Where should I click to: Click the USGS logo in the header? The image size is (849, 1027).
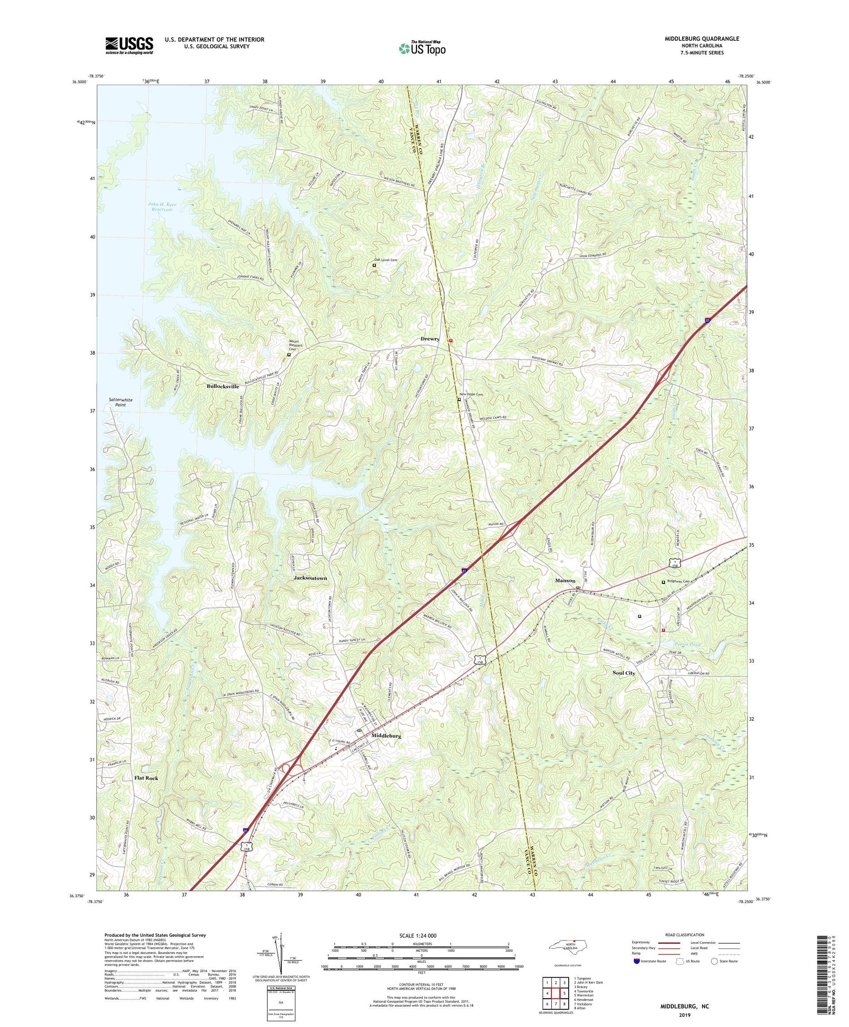pos(129,45)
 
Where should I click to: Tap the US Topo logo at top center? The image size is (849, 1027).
pos(422,49)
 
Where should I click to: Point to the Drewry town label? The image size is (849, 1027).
pos(430,339)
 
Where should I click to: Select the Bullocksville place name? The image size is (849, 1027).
pos(222,386)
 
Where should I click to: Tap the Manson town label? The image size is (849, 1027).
pos(565,581)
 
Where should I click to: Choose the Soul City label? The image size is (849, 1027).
pos(624,673)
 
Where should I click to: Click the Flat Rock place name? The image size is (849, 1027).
pos(146,778)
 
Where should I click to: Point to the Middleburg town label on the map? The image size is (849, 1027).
pos(386,736)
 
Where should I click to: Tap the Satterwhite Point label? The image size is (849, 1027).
pos(121,402)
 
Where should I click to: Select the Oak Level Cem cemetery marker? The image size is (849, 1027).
pos(374,265)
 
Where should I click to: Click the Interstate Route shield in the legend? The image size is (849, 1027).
pos(636,961)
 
